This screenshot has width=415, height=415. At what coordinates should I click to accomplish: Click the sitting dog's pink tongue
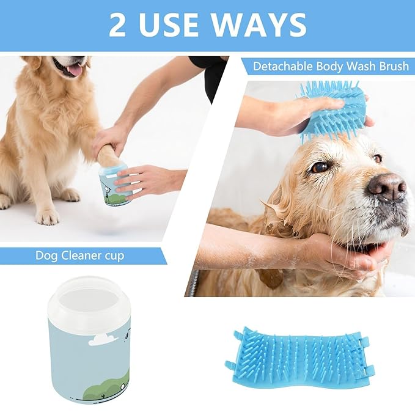click(75, 70)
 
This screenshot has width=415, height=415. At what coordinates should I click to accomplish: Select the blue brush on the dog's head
click(333, 110)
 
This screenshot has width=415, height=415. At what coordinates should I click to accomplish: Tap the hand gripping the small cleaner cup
click(147, 181)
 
